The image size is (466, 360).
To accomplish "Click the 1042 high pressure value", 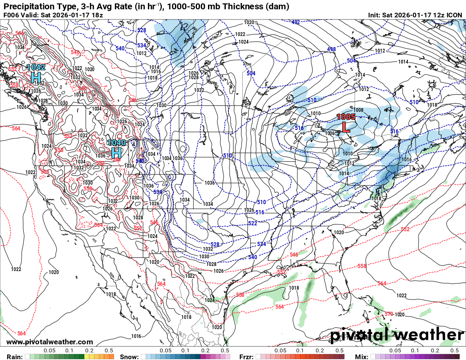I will (36, 67).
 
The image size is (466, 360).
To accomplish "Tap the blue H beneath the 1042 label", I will (36, 78).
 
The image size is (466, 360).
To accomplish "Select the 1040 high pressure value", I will (116, 143).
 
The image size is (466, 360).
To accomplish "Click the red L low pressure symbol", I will (346, 127).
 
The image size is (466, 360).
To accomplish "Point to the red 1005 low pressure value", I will (346, 116).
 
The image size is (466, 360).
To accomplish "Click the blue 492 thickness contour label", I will (295, 22).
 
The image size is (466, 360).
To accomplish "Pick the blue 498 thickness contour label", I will (331, 50).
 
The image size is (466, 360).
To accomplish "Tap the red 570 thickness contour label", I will (388, 314).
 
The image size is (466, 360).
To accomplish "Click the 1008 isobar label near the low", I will (358, 110).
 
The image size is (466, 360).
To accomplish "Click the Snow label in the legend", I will (129, 357).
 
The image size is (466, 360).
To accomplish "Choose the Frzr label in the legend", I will (247, 357).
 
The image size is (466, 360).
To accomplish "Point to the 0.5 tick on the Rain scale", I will (109, 351).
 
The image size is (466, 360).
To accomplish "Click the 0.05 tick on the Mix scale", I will (395, 351).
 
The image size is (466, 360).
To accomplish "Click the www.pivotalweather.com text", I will (50, 342).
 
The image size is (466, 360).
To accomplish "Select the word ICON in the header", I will (455, 15).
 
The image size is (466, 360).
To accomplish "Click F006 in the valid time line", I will (11, 15).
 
